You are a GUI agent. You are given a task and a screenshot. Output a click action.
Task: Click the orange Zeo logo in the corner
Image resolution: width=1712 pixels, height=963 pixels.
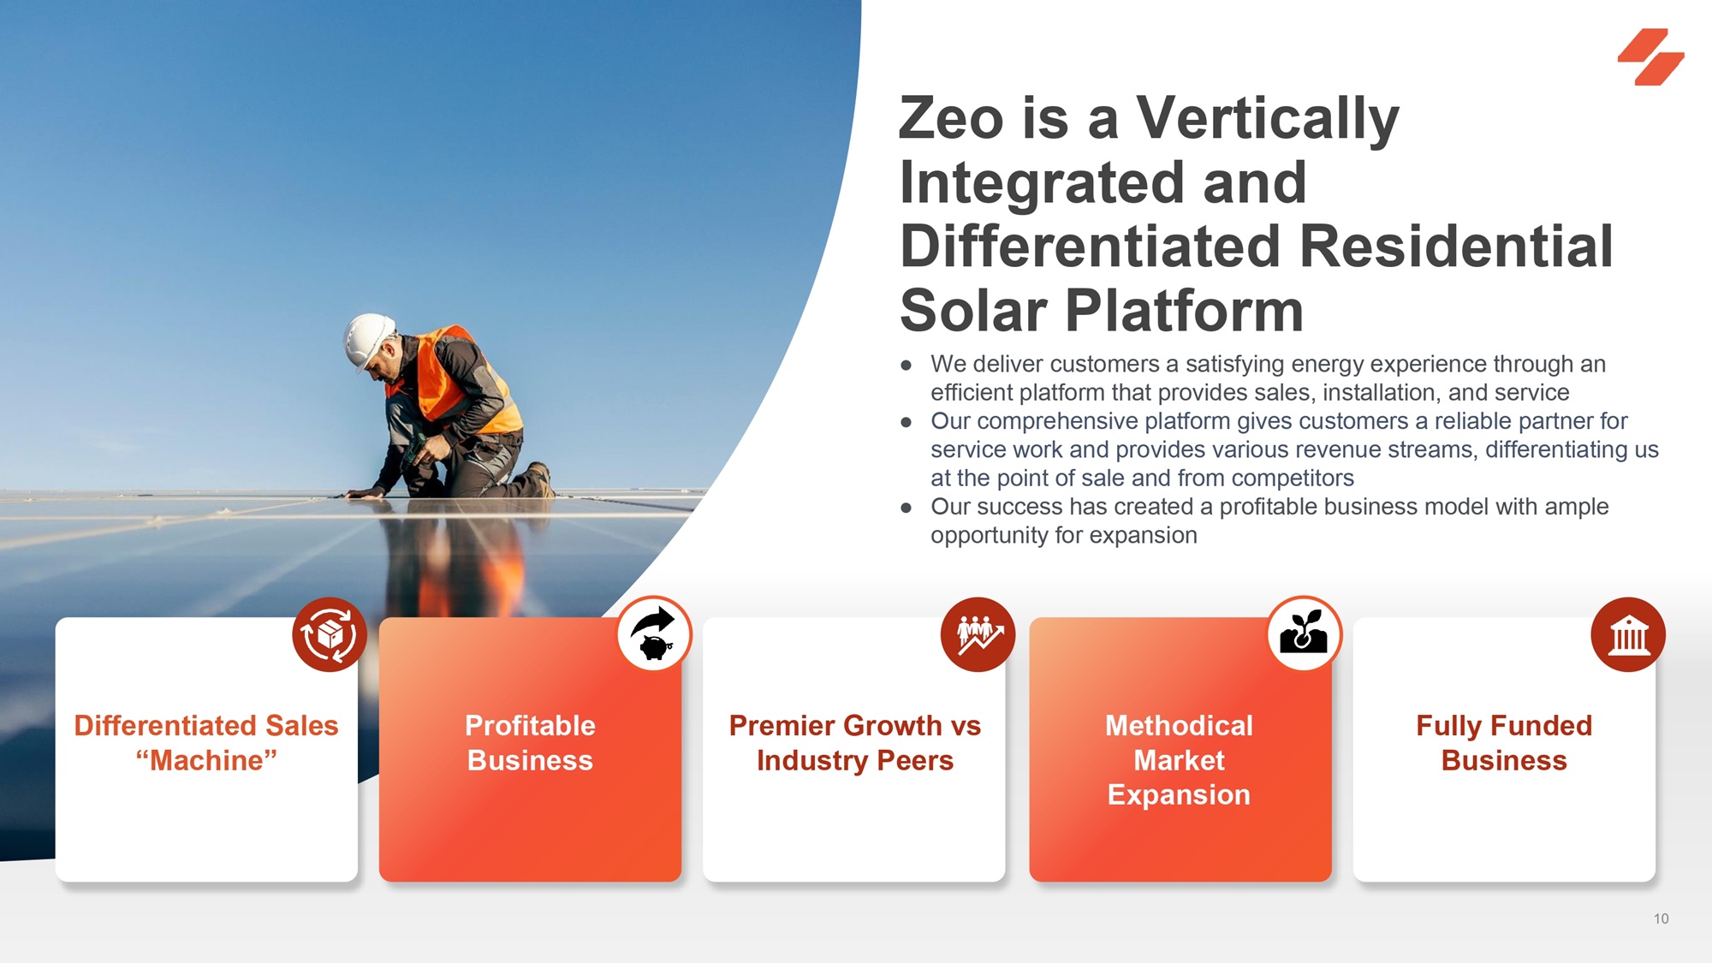[x=1650, y=56]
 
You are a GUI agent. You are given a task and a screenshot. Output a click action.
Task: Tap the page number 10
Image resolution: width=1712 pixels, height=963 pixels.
[x=1661, y=918]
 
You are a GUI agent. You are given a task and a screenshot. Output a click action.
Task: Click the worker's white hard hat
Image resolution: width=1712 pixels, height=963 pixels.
[x=369, y=339]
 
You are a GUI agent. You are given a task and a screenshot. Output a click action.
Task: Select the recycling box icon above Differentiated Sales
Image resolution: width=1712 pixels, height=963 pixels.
[x=330, y=634]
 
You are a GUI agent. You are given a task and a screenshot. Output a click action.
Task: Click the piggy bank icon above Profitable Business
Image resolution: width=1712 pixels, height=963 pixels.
[x=653, y=634]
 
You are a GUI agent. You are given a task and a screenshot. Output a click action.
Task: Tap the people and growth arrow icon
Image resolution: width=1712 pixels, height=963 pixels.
[x=978, y=634]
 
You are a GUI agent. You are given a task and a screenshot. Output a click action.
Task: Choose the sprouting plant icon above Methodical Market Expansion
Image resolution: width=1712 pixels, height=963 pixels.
[x=1304, y=634]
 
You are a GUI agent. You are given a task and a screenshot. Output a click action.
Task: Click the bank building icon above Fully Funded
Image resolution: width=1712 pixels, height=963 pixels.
[x=1628, y=634]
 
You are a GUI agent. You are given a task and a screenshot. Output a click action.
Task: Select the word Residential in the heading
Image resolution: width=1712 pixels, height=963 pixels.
[x=1456, y=247]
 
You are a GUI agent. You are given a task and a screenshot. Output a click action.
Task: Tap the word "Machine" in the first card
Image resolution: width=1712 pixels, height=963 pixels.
[x=206, y=760]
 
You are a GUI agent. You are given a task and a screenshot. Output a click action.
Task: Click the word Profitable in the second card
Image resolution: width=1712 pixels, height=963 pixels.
[x=530, y=725]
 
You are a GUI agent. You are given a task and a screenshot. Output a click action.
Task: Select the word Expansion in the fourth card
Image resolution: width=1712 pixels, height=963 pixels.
[x=1179, y=795]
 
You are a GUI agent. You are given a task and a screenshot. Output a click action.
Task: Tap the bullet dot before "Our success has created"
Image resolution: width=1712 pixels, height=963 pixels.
[x=907, y=508]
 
